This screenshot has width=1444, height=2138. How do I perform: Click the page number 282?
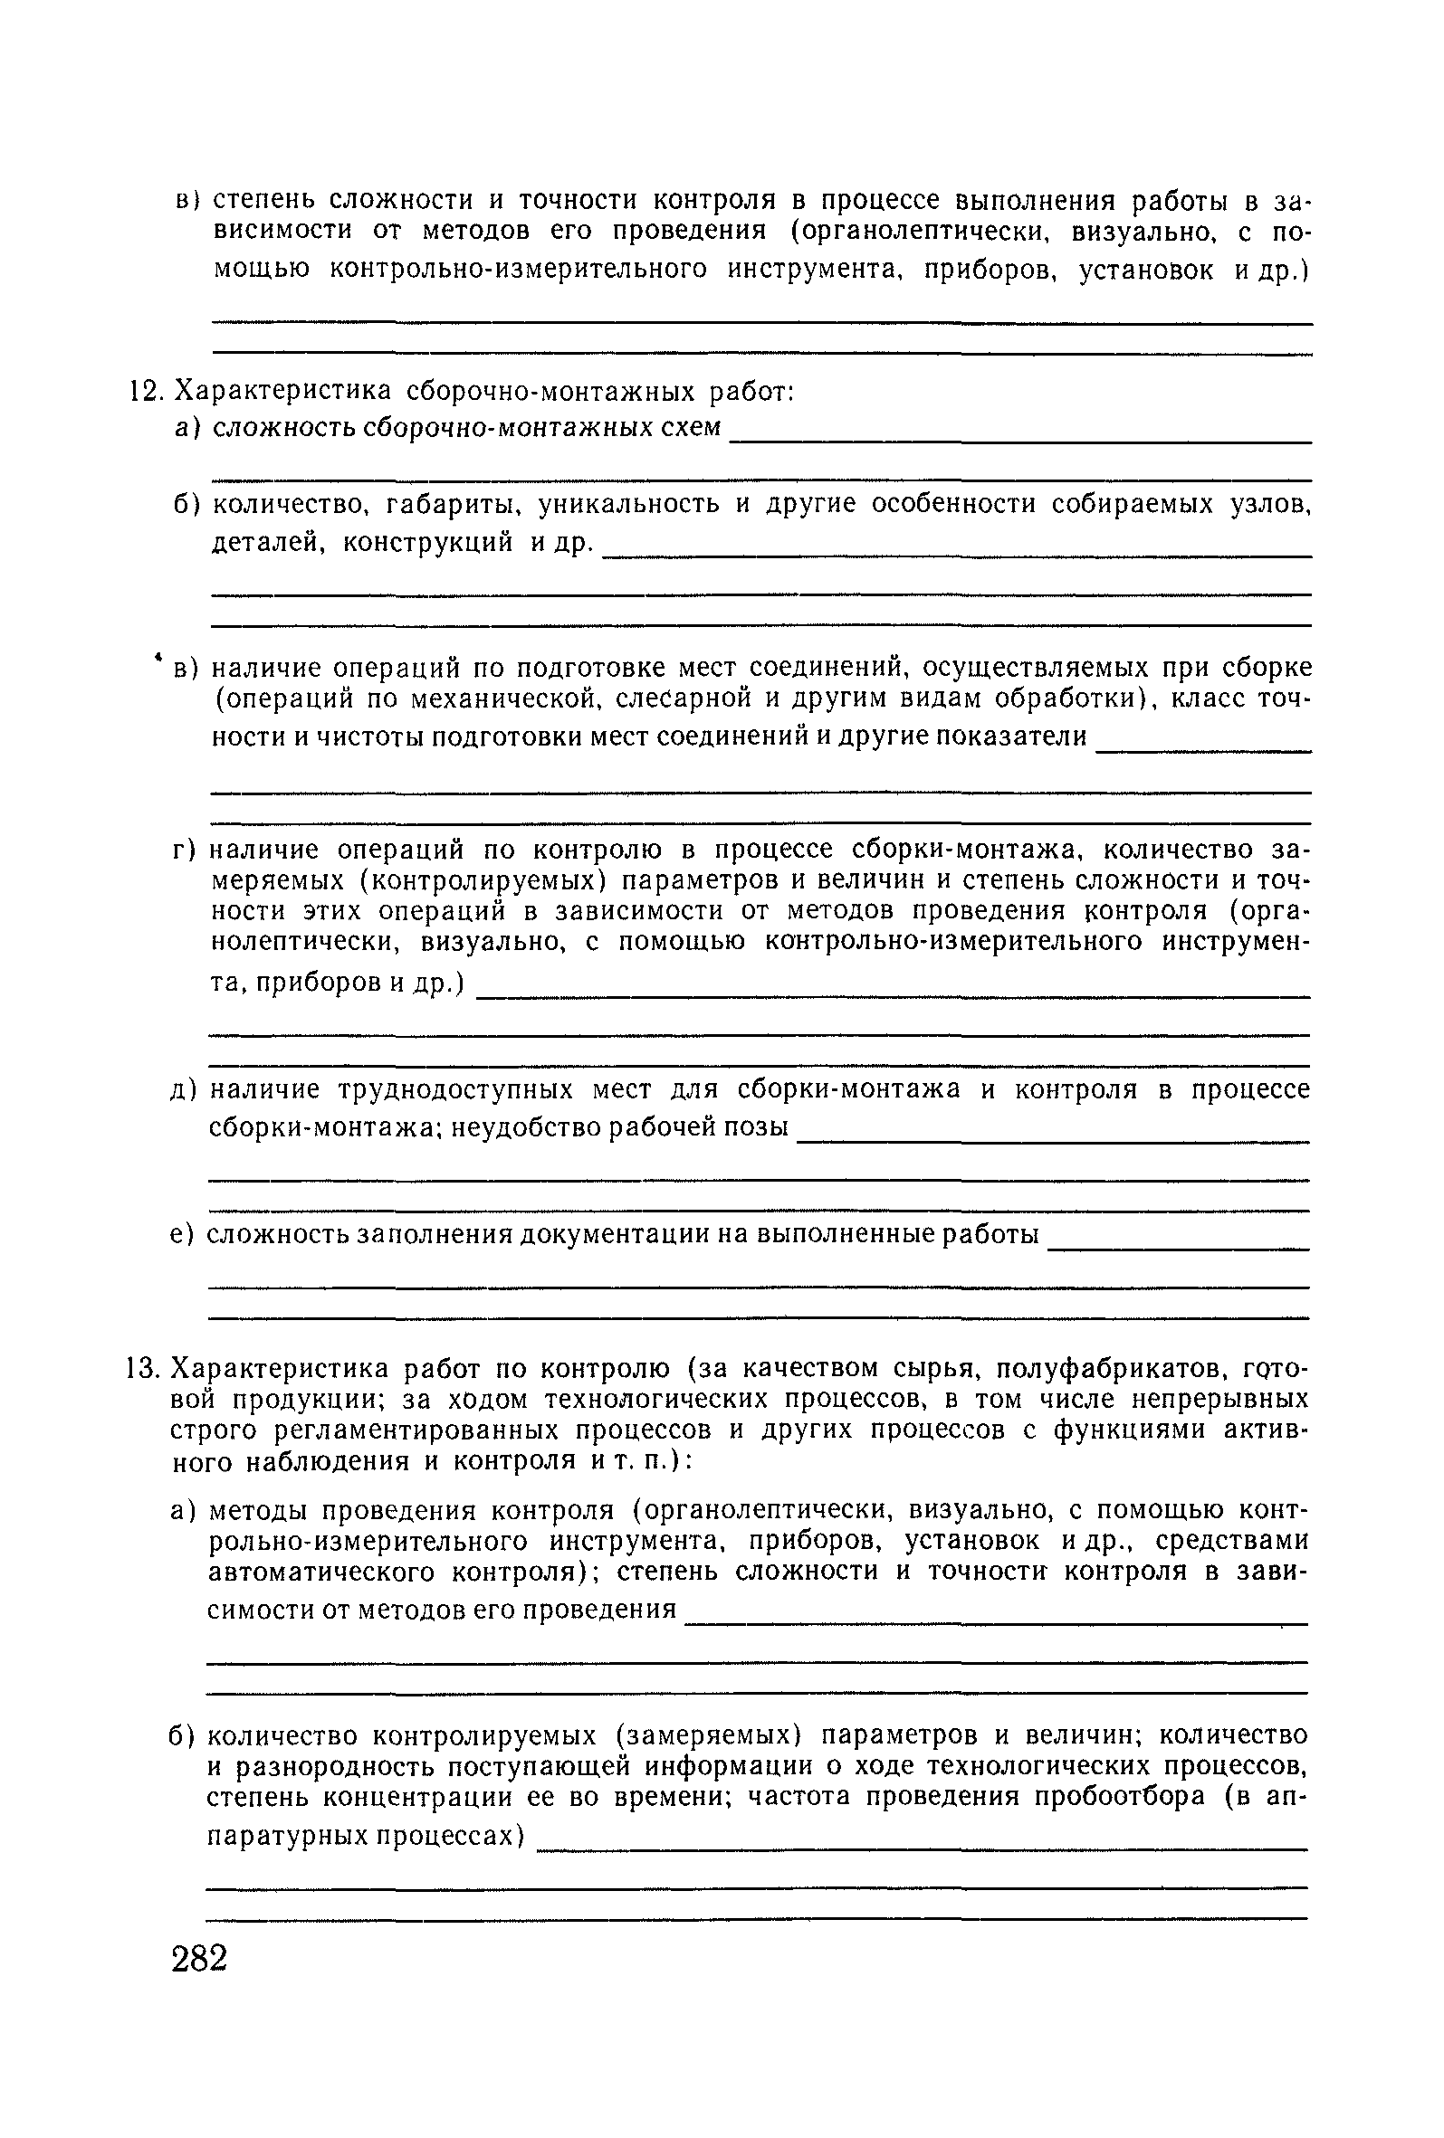click(x=199, y=1959)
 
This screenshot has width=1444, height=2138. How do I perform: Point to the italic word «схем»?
click(x=691, y=429)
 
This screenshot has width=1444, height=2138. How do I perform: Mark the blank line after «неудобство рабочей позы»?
click(x=1052, y=1141)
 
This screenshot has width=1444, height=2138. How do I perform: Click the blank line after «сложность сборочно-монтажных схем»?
click(x=1019, y=442)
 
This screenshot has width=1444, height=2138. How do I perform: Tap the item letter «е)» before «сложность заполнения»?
click(x=181, y=1235)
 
